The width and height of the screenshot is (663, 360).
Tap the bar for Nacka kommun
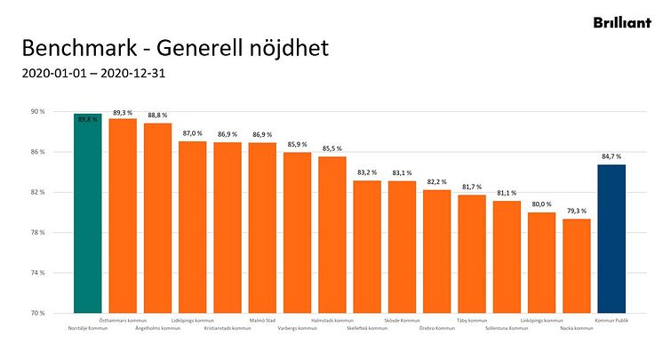tap(576, 266)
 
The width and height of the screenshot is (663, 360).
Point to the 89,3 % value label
tap(123, 113)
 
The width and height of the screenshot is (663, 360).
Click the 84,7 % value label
tap(611, 157)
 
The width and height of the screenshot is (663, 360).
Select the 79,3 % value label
tap(576, 212)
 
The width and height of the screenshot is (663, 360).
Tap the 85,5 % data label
tap(332, 148)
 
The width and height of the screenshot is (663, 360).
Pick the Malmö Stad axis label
tap(262, 320)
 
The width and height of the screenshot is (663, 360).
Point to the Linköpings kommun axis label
tap(541, 320)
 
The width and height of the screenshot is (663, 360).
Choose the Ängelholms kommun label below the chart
tap(157, 329)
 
